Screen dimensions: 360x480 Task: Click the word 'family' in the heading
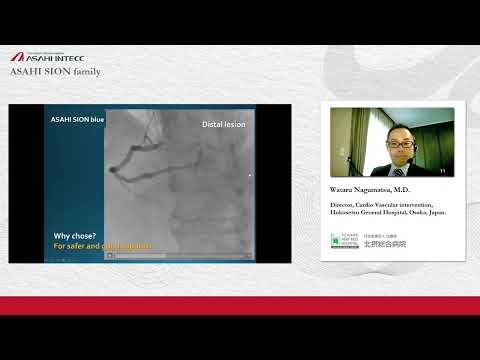click(x=87, y=72)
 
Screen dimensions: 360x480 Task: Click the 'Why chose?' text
click(x=75, y=237)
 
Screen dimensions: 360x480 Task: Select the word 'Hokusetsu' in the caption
click(x=345, y=213)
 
